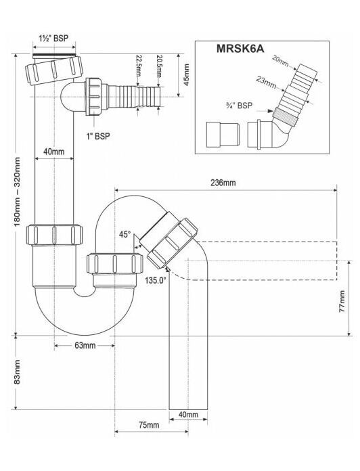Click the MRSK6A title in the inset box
(240, 49)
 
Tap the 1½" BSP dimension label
(53, 39)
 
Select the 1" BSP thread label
(99, 137)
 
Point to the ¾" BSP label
(239, 106)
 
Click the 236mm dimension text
(223, 182)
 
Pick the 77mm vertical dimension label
(342, 301)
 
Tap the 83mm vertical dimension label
(17, 372)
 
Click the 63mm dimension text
(85, 346)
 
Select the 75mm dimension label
(149, 425)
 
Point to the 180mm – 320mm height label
(17, 192)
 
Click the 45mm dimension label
(187, 75)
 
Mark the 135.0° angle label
(156, 281)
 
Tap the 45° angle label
(125, 234)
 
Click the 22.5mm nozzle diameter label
(139, 66)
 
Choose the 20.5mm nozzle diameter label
(159, 66)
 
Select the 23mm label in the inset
(267, 82)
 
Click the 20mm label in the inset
(280, 61)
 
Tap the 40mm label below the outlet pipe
(188, 415)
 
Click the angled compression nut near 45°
(173, 244)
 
